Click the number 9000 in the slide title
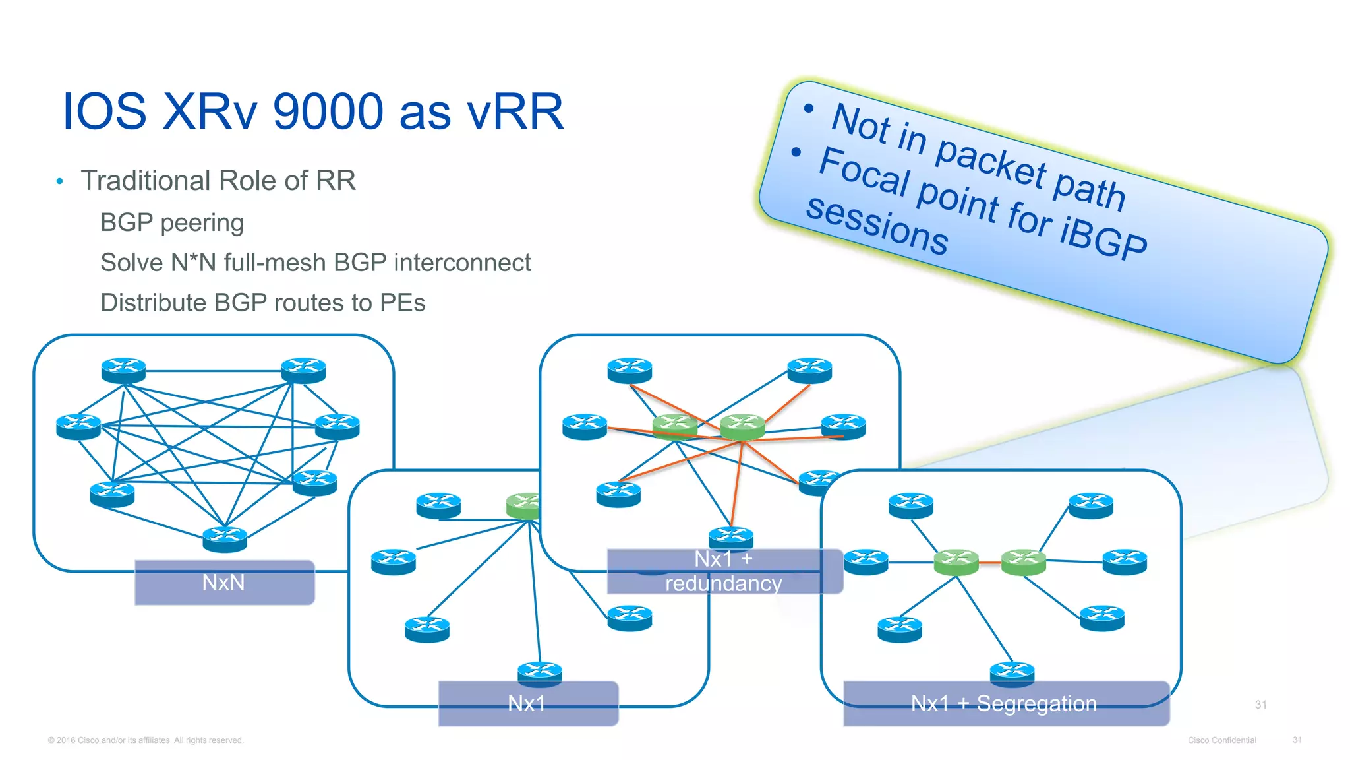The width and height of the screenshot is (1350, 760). (x=328, y=111)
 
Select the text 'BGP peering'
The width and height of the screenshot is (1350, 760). (x=172, y=223)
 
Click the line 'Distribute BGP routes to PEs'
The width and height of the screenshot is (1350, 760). (x=262, y=303)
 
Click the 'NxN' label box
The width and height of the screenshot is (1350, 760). (x=224, y=583)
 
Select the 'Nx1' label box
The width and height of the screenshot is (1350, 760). (x=527, y=703)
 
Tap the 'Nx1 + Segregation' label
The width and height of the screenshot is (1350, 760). (x=1005, y=703)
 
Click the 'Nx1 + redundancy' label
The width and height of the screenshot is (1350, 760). (x=724, y=571)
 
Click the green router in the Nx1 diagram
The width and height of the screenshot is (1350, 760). (x=524, y=505)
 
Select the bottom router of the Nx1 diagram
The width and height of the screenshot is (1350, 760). (x=540, y=674)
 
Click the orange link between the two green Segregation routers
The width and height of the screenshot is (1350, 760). (x=989, y=563)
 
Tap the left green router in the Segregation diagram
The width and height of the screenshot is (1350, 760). (x=956, y=562)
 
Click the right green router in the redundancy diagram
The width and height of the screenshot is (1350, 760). (x=742, y=426)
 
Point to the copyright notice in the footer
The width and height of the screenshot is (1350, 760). (x=146, y=740)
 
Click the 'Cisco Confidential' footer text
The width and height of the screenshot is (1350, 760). (x=1221, y=740)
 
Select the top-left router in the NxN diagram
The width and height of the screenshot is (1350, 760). (x=123, y=370)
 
